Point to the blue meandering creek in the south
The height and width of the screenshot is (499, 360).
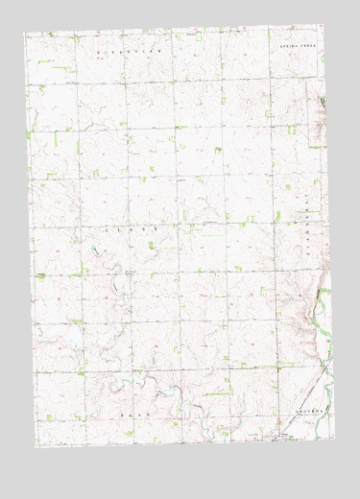click(163, 384)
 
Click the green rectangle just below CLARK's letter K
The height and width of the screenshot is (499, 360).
click(151, 246)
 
